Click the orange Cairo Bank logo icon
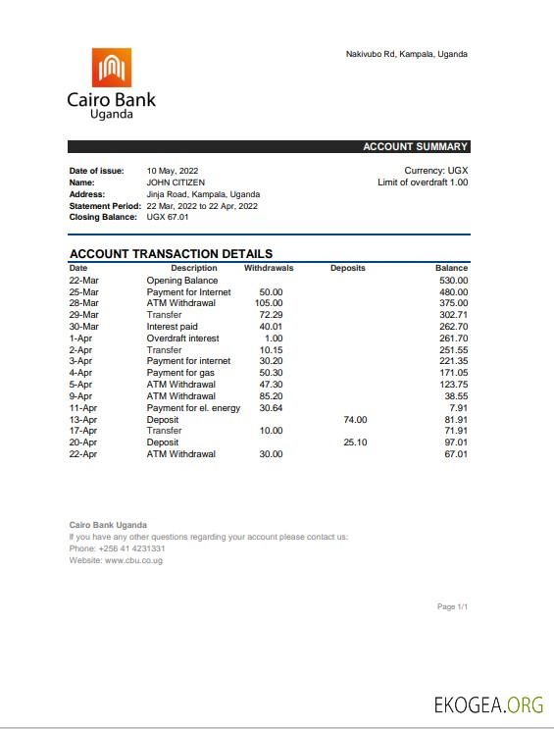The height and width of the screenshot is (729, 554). click(x=112, y=67)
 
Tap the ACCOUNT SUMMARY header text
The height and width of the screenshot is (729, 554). click(x=415, y=147)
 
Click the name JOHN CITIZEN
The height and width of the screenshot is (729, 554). click(x=176, y=182)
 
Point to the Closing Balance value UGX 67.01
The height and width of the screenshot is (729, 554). click(x=168, y=217)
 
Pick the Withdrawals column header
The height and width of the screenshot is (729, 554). click(x=268, y=268)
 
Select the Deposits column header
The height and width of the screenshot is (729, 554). click(x=348, y=268)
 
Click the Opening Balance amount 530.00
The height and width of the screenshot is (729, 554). click(x=453, y=281)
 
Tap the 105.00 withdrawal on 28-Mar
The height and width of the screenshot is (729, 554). click(x=269, y=303)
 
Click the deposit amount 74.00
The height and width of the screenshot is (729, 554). click(x=355, y=419)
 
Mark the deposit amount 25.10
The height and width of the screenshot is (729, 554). click(x=355, y=443)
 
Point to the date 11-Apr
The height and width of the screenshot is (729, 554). click(x=83, y=407)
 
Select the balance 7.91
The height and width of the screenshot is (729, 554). click(x=458, y=407)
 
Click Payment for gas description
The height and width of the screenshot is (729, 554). click(x=181, y=373)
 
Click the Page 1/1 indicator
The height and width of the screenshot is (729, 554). click(x=452, y=607)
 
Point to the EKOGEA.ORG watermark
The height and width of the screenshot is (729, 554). click(x=489, y=703)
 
